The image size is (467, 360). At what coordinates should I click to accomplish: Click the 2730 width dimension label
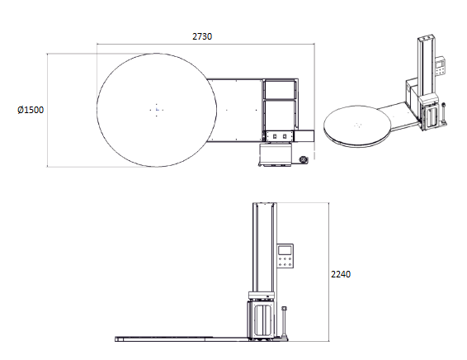coord(202,36)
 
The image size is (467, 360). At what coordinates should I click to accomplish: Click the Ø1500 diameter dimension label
coord(31,110)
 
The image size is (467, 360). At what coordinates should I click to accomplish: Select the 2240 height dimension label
coord(341,274)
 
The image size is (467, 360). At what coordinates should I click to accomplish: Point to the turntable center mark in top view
coord(157,110)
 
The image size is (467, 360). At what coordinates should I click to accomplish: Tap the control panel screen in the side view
coord(285,250)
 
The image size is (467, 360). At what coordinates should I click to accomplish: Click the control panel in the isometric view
coord(441,66)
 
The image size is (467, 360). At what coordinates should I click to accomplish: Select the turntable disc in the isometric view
coord(357,126)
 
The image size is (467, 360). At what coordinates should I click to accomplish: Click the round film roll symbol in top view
coord(304,159)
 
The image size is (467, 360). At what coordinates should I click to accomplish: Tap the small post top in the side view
coord(284,308)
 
